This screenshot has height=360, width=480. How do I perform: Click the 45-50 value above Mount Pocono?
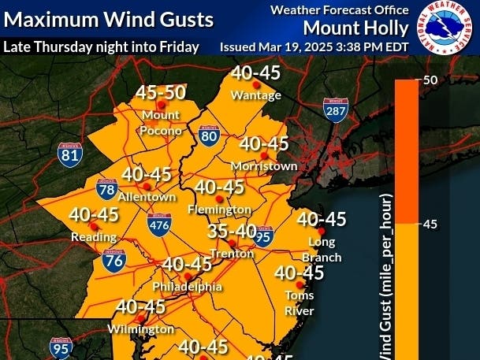[x=162, y=92]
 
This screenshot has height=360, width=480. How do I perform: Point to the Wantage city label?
[x=256, y=95]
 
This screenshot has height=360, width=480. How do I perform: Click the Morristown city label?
[x=264, y=166]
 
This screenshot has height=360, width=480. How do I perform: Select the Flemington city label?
[x=220, y=210]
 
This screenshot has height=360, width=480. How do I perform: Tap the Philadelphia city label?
[x=188, y=287]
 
